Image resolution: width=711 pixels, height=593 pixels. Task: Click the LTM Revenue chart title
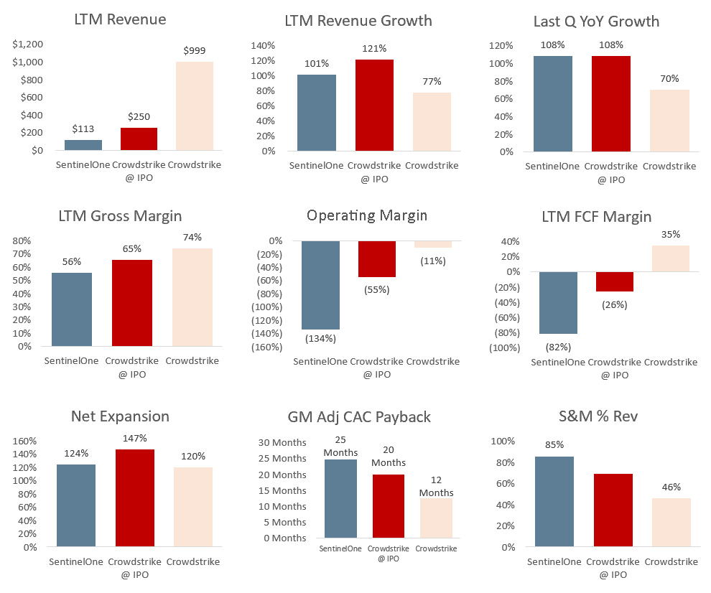coord(120,19)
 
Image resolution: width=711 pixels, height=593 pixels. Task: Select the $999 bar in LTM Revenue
coord(195,106)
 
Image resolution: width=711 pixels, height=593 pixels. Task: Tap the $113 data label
coord(83,129)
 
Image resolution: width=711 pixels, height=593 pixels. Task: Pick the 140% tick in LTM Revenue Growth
coord(263,45)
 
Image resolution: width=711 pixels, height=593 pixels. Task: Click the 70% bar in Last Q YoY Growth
coord(669,121)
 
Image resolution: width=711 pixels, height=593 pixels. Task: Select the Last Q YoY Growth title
coord(596,21)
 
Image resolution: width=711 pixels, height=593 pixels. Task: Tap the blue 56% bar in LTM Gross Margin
coord(71,309)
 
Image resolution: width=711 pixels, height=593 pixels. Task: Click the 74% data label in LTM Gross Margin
coord(192,237)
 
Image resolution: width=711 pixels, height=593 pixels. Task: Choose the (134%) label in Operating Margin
coord(320,338)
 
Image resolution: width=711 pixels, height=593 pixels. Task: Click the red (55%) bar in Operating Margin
coord(376,259)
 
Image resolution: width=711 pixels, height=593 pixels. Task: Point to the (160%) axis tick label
coord(266,347)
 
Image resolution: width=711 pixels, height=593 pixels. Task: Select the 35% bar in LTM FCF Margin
coord(670,258)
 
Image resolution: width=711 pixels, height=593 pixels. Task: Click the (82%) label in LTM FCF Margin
coord(558,347)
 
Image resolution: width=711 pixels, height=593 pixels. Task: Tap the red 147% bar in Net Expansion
coord(134,498)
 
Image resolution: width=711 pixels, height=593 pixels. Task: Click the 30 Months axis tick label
coord(282,442)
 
